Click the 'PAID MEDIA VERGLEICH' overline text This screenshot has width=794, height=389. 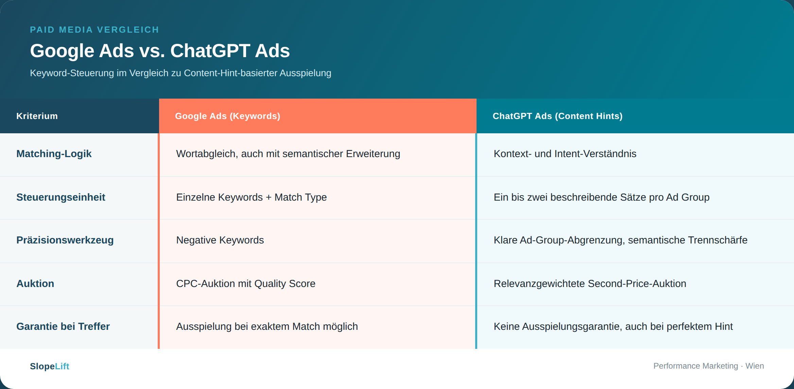(94, 30)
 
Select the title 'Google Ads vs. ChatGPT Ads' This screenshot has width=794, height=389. (160, 51)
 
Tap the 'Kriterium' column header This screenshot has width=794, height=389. (37, 116)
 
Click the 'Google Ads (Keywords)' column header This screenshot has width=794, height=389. (228, 116)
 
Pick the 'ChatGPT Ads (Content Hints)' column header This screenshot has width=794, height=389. (557, 116)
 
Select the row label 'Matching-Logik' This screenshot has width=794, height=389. (54, 154)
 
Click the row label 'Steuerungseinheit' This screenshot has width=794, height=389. (61, 197)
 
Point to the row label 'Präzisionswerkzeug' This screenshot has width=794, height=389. (65, 240)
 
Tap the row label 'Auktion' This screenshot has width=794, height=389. (35, 284)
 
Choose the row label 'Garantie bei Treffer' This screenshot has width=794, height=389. (63, 326)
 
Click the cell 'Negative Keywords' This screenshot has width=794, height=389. (220, 240)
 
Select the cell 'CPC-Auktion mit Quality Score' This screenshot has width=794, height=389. (246, 284)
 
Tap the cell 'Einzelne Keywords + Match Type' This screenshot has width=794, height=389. (252, 197)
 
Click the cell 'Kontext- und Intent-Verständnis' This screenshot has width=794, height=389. (565, 154)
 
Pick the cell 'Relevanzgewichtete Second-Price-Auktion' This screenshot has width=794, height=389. (590, 284)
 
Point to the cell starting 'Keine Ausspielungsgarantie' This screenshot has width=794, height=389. (613, 326)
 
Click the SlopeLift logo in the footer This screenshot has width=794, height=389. (50, 366)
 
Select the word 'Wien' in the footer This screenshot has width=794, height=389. (755, 366)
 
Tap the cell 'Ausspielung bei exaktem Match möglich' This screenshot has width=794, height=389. (267, 326)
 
